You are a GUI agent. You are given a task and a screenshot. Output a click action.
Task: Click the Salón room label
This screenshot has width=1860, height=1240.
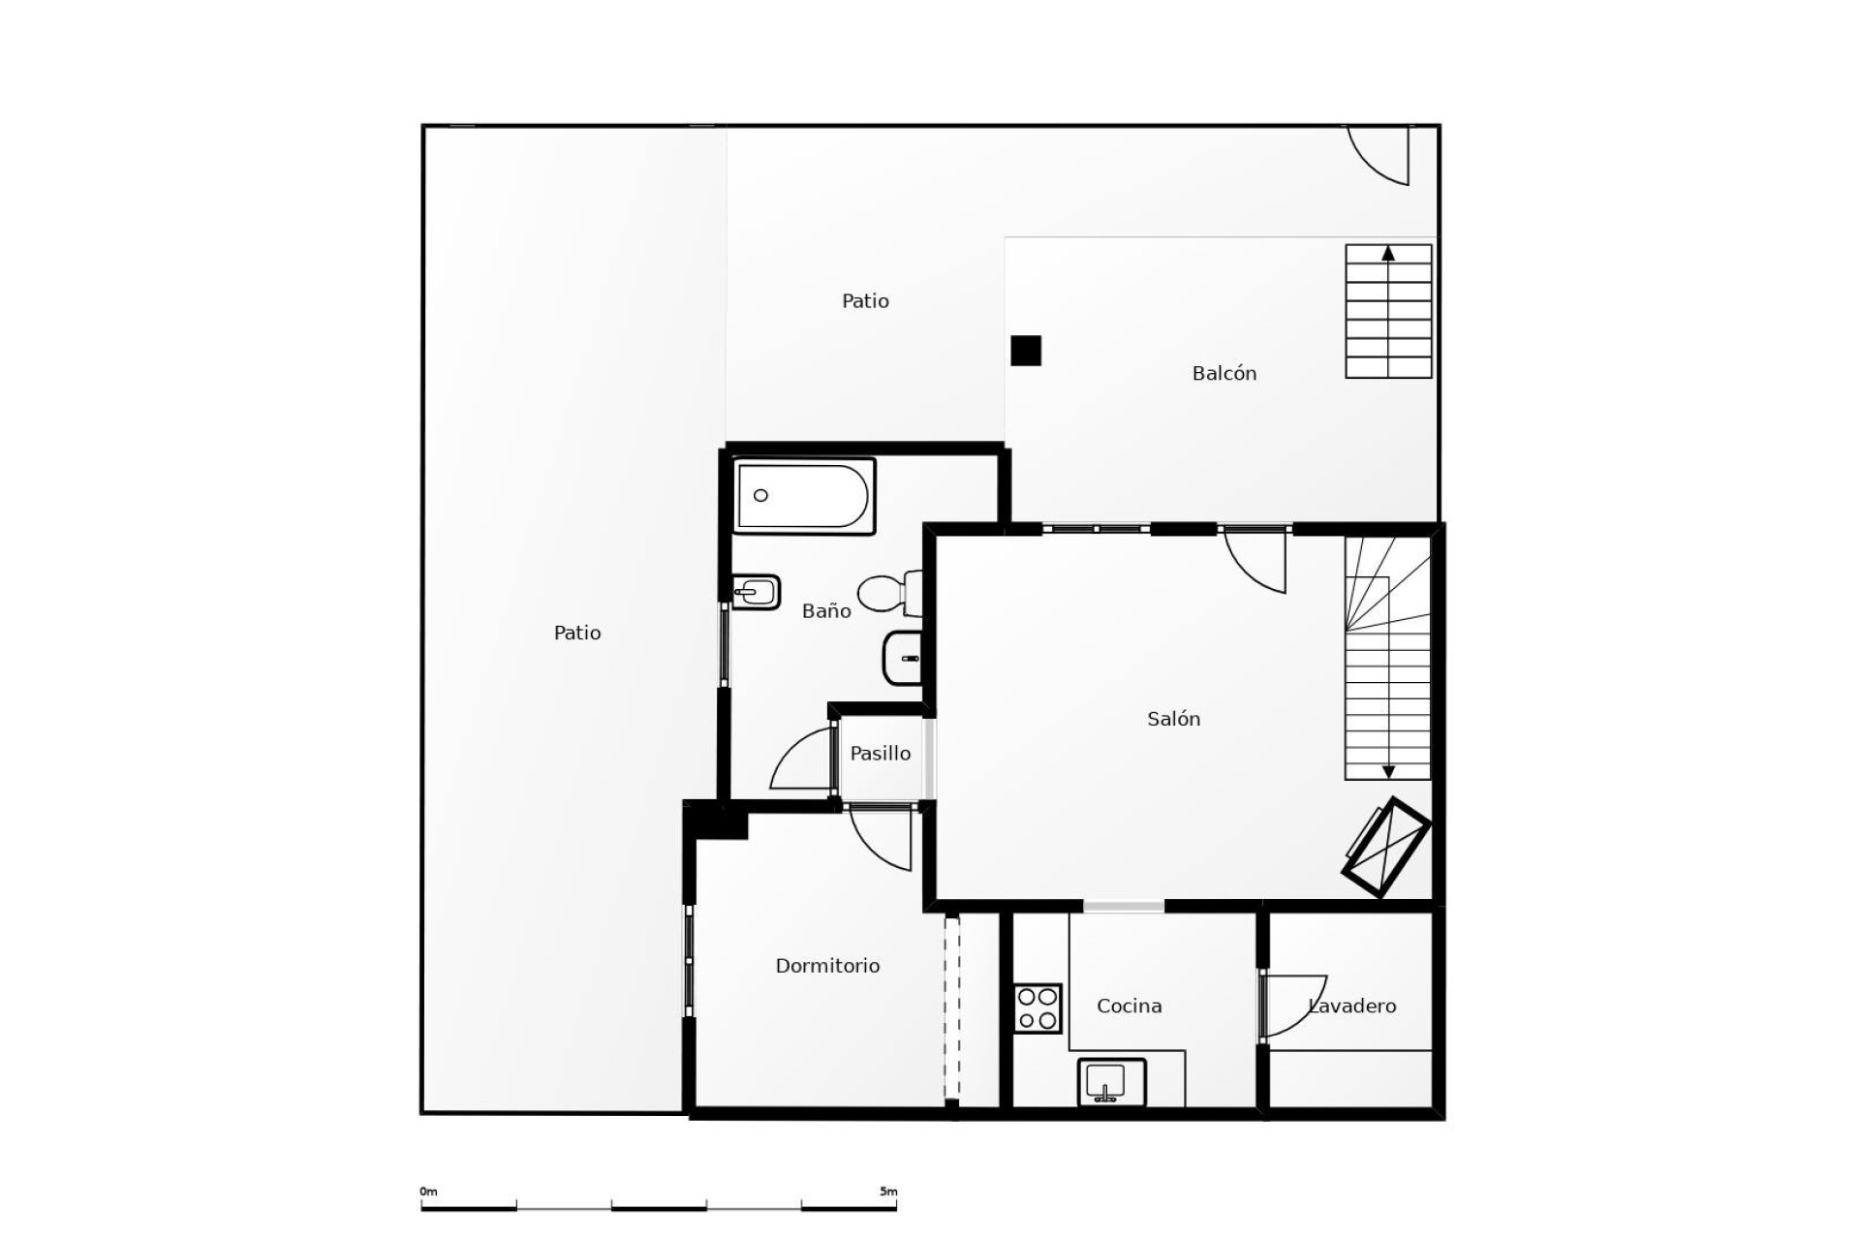(1173, 719)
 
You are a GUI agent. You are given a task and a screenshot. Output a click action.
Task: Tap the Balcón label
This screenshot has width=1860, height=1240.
(1224, 373)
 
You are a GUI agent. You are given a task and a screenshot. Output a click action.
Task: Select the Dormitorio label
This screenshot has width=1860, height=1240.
(827, 966)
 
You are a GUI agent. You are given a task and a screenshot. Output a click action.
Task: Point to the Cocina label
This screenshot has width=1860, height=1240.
(1129, 1007)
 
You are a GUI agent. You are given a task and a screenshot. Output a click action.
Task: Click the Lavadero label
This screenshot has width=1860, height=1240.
(1352, 1007)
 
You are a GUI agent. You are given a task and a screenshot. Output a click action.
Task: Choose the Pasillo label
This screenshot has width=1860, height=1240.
(880, 753)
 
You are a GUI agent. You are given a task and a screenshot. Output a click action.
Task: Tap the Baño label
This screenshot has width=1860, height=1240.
(826, 610)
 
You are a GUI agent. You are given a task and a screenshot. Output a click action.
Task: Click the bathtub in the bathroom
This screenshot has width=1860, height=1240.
(804, 496)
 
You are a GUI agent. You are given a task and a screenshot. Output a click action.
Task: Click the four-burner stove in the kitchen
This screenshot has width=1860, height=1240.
(1038, 1008)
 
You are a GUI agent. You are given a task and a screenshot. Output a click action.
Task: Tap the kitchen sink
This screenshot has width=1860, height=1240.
(1111, 1081)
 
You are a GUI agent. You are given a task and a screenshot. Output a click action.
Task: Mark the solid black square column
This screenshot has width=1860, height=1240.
(1026, 351)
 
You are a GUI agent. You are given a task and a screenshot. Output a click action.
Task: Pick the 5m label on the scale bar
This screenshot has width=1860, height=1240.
(888, 1192)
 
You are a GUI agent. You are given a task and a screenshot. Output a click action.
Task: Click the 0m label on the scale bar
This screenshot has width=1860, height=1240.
(428, 1192)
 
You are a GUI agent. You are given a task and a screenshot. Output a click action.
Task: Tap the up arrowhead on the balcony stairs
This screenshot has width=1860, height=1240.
(1388, 254)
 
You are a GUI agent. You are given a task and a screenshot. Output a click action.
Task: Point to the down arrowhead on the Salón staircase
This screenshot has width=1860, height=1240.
(1388, 772)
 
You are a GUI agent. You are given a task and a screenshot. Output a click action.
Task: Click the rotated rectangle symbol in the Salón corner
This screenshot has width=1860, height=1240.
(1385, 848)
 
